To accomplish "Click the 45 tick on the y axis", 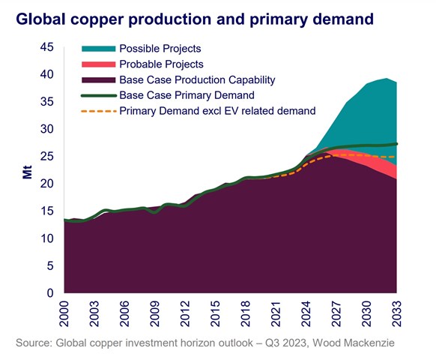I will [x=46, y=48].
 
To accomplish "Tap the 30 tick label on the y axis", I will [x=46, y=130].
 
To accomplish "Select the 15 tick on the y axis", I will [x=46, y=211].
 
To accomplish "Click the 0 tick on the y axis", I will [x=49, y=293].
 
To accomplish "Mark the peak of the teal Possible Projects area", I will [x=387, y=79].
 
